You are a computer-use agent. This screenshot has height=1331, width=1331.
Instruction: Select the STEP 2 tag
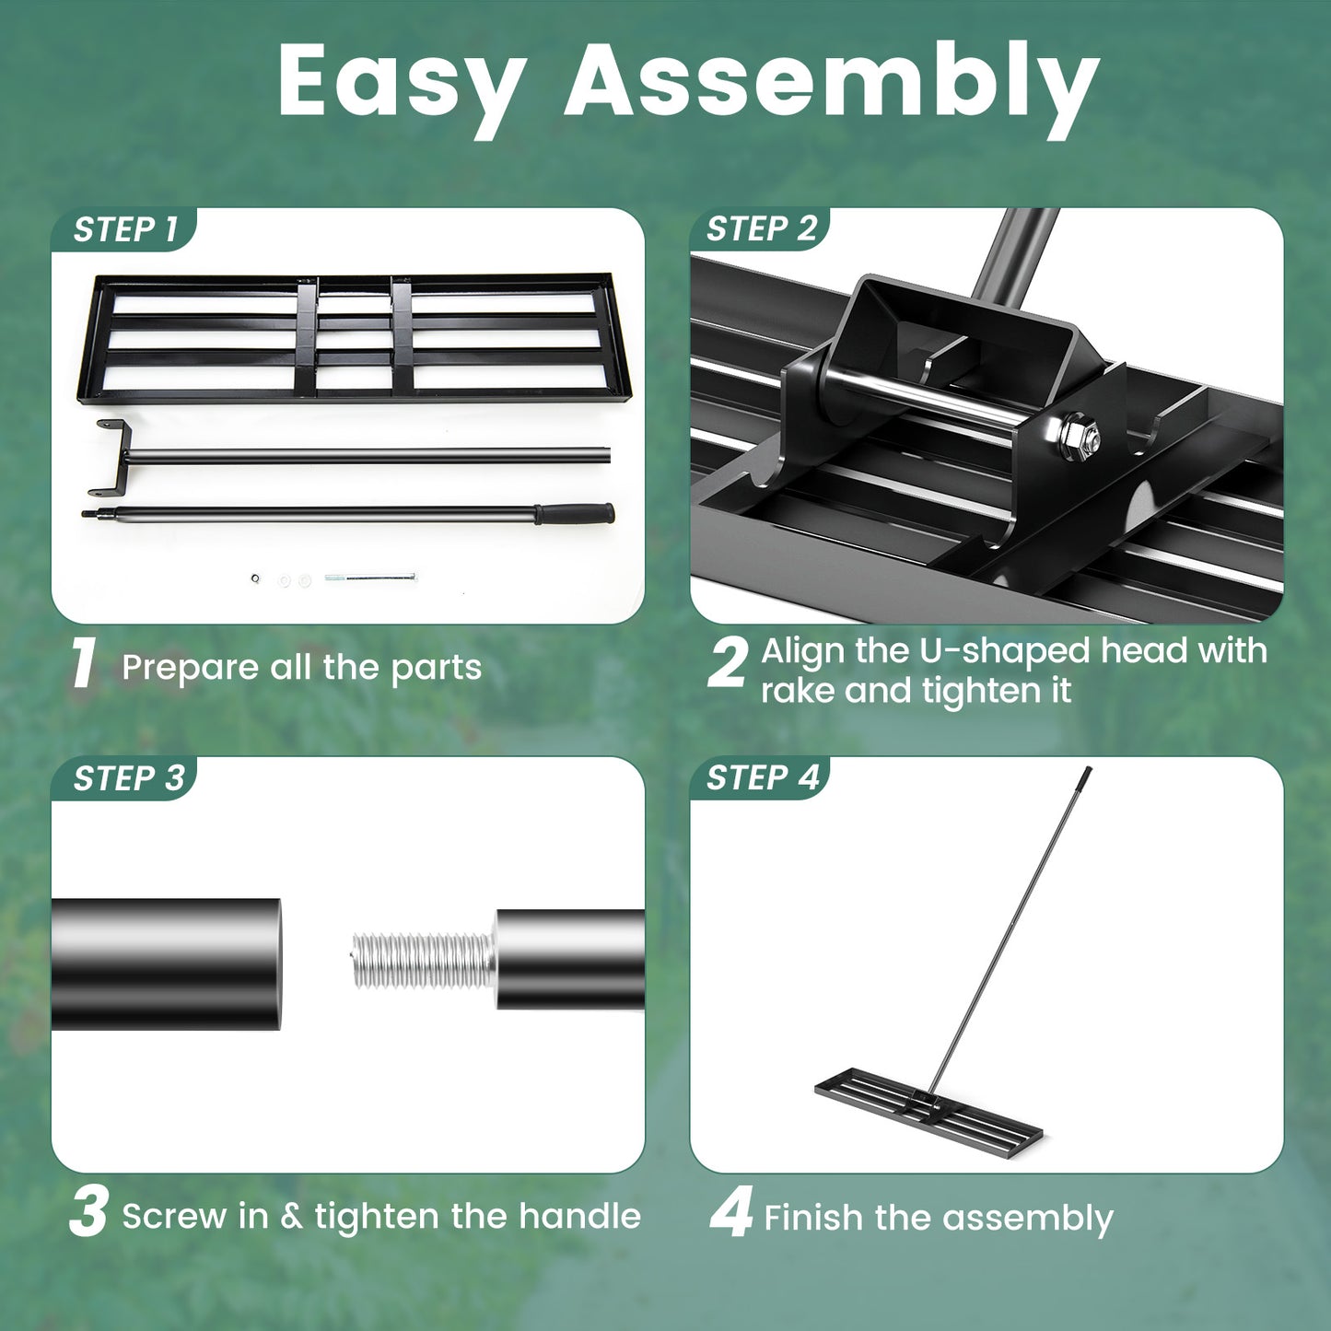tap(761, 228)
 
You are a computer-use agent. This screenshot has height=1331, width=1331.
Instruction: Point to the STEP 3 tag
tap(128, 778)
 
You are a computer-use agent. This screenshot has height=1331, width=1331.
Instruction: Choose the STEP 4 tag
tap(762, 778)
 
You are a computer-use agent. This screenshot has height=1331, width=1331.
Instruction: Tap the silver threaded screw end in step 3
tap(422, 961)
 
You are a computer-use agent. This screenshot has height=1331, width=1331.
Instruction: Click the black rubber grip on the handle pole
tap(575, 513)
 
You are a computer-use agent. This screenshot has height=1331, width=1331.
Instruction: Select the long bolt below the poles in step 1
tap(369, 578)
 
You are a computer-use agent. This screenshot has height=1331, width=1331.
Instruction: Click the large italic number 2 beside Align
tap(728, 663)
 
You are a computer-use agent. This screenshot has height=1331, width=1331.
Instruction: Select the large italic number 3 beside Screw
tap(88, 1212)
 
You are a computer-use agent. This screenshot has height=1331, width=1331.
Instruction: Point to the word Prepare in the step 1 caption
tap(191, 668)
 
